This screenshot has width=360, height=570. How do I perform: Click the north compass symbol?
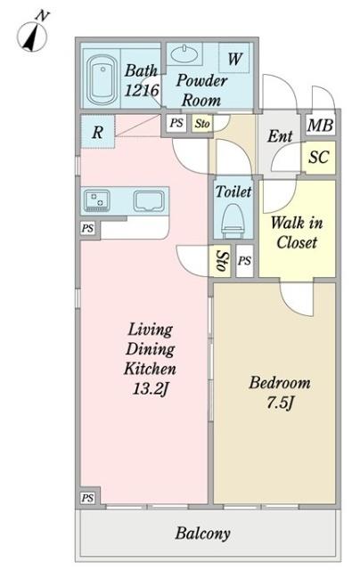pyautogui.click(x=32, y=34)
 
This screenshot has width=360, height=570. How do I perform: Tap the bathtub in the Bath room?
pyautogui.click(x=102, y=79)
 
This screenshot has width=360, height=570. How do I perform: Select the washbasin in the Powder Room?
pyautogui.click(x=184, y=54)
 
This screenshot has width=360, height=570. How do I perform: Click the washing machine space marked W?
pyautogui.click(x=234, y=58)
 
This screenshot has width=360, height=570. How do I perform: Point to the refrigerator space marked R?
pyautogui.click(x=97, y=132)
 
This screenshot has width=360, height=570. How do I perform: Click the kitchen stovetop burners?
pyautogui.click(x=97, y=200)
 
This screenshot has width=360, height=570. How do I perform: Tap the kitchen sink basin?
pyautogui.click(x=148, y=201)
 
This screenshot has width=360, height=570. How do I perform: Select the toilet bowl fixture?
pyautogui.click(x=233, y=221)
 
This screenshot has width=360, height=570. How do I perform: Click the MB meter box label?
pyautogui.click(x=320, y=126)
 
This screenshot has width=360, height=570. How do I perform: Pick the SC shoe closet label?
pyautogui.click(x=319, y=157)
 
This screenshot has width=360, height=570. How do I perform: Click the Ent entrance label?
pyautogui.click(x=280, y=136)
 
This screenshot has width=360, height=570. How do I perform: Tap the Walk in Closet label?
pyautogui.click(x=297, y=232)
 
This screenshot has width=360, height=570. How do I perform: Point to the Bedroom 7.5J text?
pyautogui.click(x=280, y=393)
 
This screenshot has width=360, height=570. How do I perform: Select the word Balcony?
pyautogui.click(x=202, y=533)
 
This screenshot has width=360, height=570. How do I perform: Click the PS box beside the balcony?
pyautogui.click(x=87, y=498)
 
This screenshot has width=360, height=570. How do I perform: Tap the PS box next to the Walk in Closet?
pyautogui.click(x=245, y=261)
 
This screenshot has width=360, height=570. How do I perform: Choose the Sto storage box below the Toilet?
pyautogui.click(x=220, y=261)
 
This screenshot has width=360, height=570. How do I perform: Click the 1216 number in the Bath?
pyautogui.click(x=142, y=90)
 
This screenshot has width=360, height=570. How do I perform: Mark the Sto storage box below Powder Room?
pyautogui.click(x=202, y=124)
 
